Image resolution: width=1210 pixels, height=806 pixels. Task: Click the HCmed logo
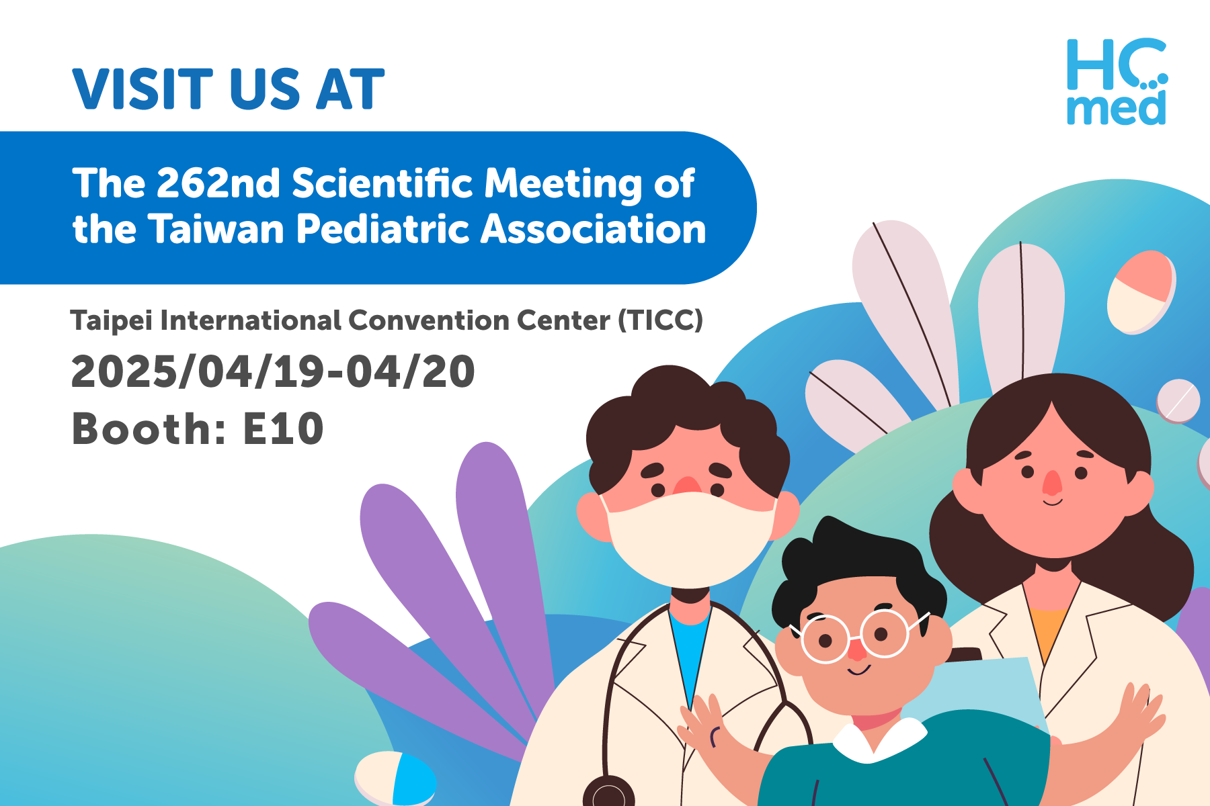[1117, 82]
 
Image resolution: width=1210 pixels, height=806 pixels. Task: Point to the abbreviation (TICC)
[660, 320]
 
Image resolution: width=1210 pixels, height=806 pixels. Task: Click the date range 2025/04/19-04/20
[273, 371]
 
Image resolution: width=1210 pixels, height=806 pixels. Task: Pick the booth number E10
[283, 429]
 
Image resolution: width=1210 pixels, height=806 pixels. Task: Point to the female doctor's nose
[1053, 482]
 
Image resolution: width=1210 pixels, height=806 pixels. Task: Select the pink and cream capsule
[1141, 292]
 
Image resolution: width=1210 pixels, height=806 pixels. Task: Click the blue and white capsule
[395, 779]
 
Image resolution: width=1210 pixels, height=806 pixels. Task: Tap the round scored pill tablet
[1178, 401]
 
